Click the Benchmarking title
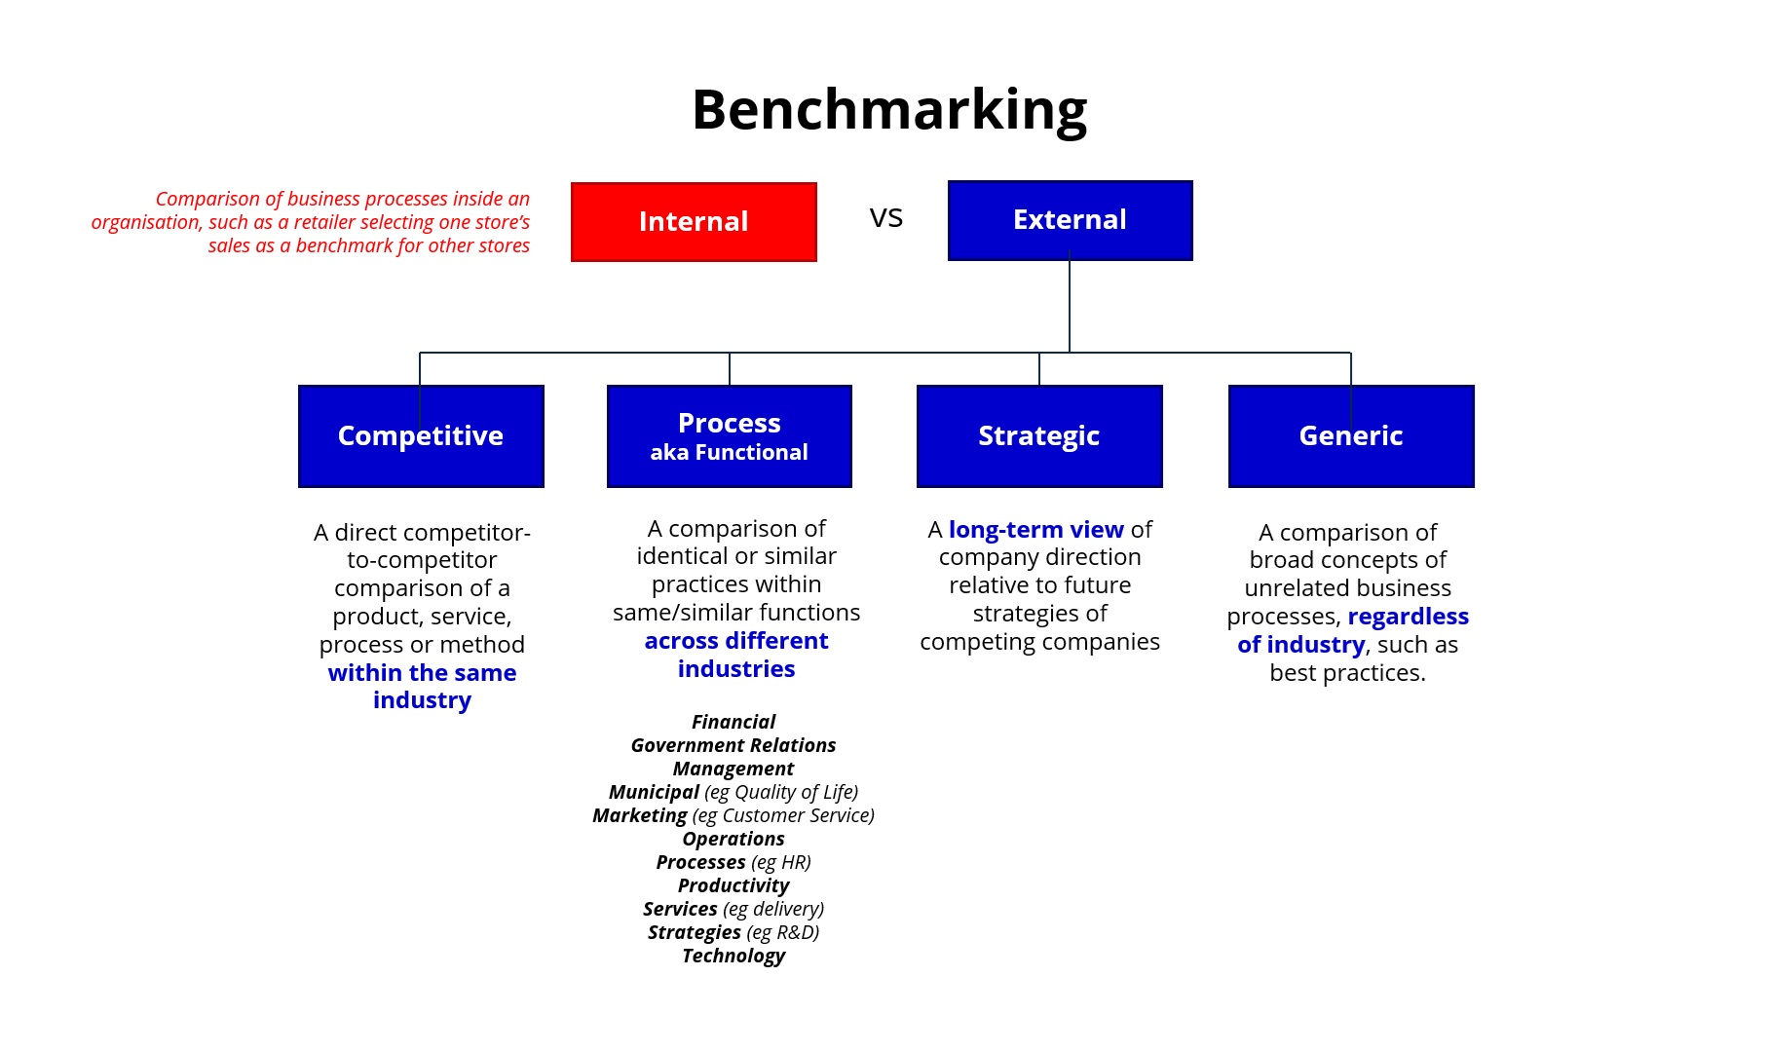[x=889, y=110]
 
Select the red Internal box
[x=694, y=222]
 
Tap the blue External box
[x=1070, y=220]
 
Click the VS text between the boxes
[x=886, y=217]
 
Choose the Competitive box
[x=421, y=436]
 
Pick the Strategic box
[x=1039, y=436]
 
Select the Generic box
[x=1351, y=436]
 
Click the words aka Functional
[x=730, y=452]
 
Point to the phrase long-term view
[x=1036, y=530]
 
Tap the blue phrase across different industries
[x=736, y=655]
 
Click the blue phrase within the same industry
[x=422, y=687]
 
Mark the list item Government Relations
[x=733, y=745]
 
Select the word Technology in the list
[x=733, y=956]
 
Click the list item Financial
[x=733, y=722]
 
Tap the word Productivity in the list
[x=733, y=885]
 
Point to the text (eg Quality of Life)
[x=781, y=792]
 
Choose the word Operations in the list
[x=733, y=839]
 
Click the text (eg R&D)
[x=783, y=932]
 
